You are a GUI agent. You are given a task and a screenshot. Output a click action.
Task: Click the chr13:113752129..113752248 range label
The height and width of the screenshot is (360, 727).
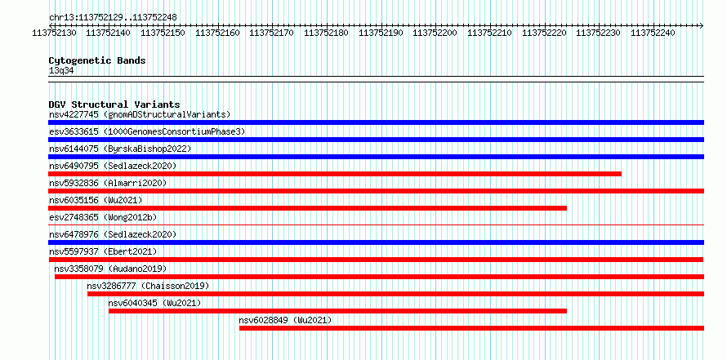[113, 17]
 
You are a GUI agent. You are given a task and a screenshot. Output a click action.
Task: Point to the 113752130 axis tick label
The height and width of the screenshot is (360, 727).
[55, 33]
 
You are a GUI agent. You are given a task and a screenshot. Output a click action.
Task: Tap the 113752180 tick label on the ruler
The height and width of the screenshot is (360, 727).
[327, 33]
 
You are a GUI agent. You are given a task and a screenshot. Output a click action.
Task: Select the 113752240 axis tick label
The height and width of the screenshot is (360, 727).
[653, 33]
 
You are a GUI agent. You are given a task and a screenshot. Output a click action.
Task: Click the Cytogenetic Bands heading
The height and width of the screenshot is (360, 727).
[97, 60]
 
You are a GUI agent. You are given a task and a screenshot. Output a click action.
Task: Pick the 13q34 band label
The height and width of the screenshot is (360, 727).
[61, 71]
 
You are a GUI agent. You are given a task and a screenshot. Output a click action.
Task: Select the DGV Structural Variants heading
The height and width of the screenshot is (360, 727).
[114, 104]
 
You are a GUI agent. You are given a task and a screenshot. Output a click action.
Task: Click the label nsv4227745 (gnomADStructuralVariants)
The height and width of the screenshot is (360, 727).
[140, 114]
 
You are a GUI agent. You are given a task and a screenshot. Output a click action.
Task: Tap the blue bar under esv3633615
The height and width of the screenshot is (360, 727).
[376, 140]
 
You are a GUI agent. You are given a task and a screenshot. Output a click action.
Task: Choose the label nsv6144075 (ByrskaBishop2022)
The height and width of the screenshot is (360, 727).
[120, 149]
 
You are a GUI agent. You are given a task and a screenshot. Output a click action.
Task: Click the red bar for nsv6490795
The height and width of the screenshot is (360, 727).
[335, 174]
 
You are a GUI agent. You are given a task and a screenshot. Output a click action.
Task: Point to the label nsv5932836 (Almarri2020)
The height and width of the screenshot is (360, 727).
[108, 183]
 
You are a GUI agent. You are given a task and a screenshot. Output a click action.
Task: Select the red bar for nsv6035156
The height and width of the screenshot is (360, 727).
[307, 208]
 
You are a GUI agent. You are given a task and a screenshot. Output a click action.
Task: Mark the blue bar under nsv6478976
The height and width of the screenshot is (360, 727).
[376, 242]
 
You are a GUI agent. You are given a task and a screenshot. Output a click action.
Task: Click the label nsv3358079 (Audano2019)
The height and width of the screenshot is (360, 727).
[110, 269]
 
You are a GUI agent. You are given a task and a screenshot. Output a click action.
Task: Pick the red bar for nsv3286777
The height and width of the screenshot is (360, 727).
[395, 294]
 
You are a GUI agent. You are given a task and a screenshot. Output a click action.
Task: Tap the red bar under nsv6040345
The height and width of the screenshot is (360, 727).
[337, 311]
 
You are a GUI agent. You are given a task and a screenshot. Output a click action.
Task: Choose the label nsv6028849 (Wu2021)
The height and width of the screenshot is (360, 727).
[285, 320]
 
